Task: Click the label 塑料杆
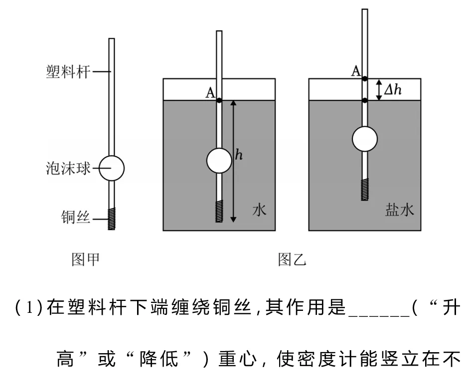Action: [x=68, y=72]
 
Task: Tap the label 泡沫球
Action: [x=68, y=168]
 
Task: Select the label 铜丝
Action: [x=75, y=217]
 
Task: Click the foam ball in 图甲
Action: [x=111, y=168]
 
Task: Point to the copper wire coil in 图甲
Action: [x=112, y=218]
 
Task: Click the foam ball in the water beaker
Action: [x=219, y=161]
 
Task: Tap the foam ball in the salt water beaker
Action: [x=365, y=139]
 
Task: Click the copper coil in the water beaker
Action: [x=219, y=211]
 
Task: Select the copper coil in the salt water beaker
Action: [x=365, y=190]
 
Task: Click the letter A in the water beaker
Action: [x=210, y=93]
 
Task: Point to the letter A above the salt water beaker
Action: [x=356, y=71]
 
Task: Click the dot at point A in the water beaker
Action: [x=219, y=100]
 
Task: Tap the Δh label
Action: [x=393, y=89]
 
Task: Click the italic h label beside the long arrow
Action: [x=239, y=155]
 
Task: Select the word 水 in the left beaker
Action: [x=259, y=210]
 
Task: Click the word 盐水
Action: [x=400, y=210]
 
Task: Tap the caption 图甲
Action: [x=85, y=260]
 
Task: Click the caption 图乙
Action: [x=292, y=260]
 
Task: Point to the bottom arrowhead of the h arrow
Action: [x=233, y=220]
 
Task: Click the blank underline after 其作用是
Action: [x=379, y=316]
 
